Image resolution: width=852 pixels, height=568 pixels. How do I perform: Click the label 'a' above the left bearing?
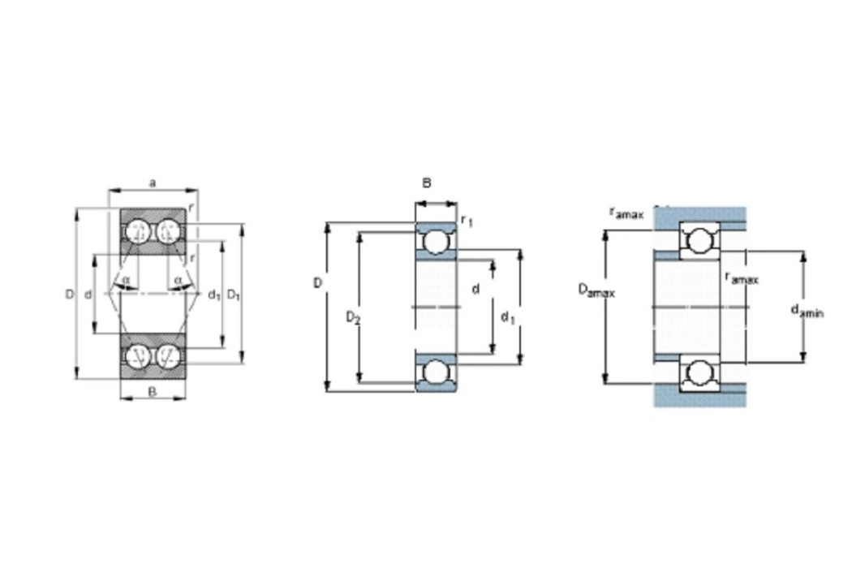(x=153, y=183)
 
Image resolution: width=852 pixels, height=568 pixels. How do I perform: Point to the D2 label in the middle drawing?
(x=353, y=317)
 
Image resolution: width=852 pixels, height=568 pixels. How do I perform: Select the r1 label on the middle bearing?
(x=467, y=220)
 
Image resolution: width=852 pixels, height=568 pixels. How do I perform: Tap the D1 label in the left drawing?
(x=234, y=295)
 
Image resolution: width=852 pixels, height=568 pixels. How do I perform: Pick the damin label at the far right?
(x=807, y=311)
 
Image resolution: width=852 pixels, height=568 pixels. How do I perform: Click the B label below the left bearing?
(x=153, y=391)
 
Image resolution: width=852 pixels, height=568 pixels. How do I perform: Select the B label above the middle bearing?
(x=427, y=183)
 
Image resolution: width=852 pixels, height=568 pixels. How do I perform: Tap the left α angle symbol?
(x=126, y=280)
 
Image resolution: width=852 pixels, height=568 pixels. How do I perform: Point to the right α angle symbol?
(x=178, y=280)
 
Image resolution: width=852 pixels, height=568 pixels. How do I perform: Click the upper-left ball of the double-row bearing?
(x=138, y=232)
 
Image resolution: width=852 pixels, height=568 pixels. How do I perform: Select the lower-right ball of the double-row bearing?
(x=169, y=355)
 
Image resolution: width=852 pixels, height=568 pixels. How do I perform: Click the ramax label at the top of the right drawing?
(x=626, y=213)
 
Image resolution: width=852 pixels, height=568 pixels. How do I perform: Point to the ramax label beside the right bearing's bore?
(x=742, y=278)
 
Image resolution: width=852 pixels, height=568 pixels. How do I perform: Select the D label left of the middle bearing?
(x=318, y=283)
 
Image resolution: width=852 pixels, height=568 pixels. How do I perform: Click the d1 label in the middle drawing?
(x=507, y=317)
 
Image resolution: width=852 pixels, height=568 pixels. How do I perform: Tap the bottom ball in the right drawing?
(x=699, y=373)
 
